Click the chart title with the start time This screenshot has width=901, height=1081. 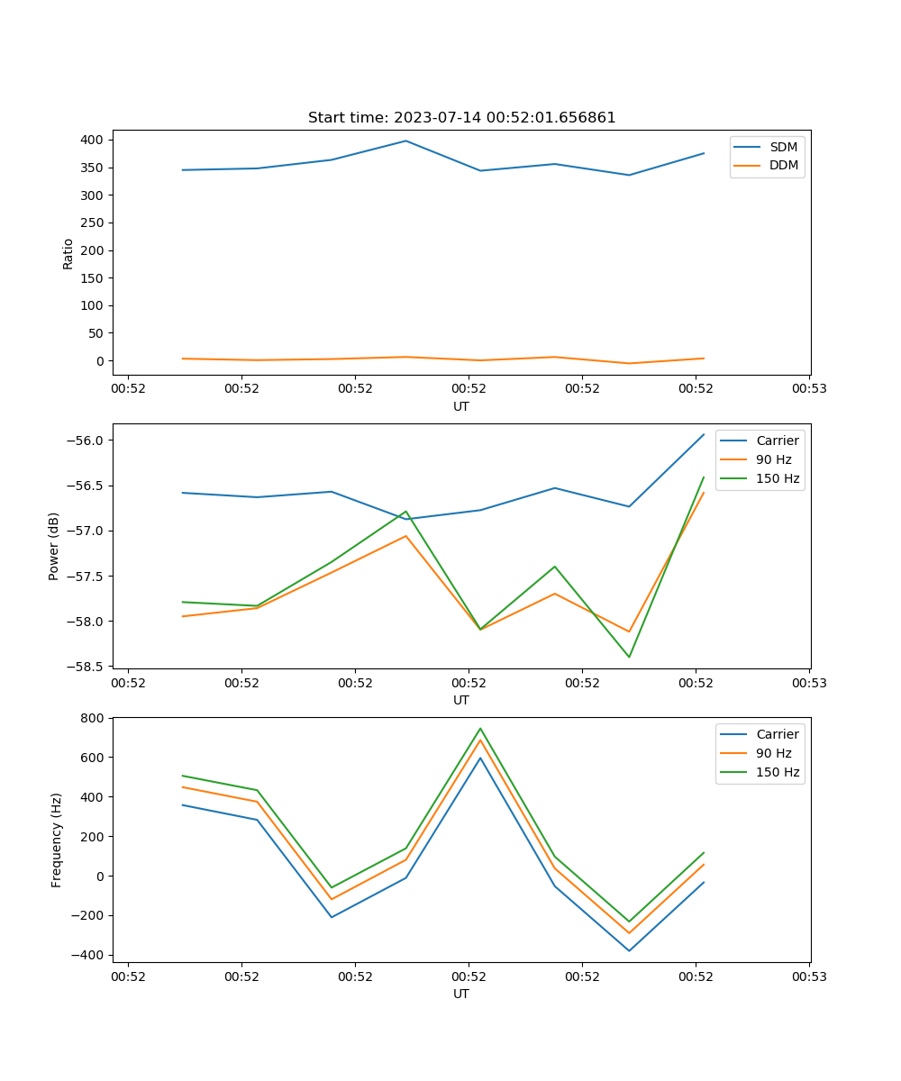[461, 118]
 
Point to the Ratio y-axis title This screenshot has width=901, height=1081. [68, 253]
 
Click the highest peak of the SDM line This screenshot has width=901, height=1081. [405, 141]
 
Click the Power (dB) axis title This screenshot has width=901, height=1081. [54, 546]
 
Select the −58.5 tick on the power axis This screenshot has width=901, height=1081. [86, 667]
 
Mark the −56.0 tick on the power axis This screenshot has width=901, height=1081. [86, 441]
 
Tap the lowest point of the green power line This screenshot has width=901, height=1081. [629, 657]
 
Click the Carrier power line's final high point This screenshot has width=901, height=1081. [704, 434]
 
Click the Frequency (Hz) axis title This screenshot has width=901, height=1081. [56, 840]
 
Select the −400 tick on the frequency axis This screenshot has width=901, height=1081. [88, 955]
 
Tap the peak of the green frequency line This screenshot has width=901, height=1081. [480, 729]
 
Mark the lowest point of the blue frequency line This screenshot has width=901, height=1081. [629, 950]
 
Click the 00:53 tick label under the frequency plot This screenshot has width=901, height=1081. [808, 977]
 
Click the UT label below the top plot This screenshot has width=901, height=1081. [461, 406]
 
